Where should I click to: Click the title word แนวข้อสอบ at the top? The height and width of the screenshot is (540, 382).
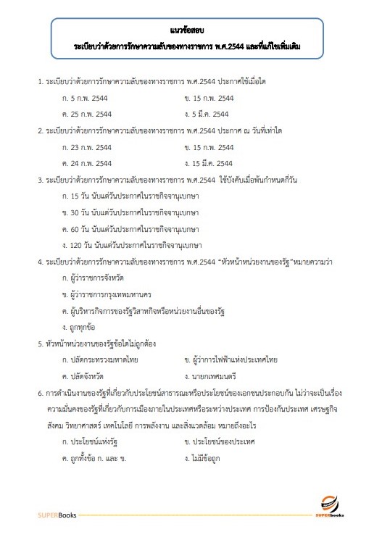click(x=191, y=31)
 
